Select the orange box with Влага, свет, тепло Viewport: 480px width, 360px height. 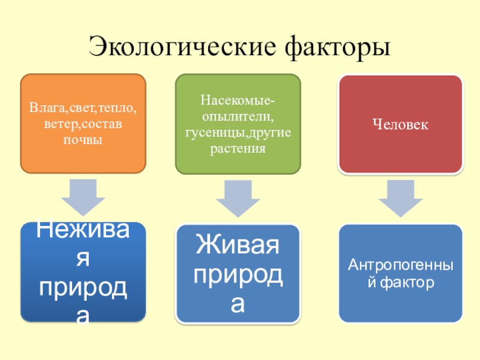click(x=83, y=124)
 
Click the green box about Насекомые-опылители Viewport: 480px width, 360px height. click(x=238, y=124)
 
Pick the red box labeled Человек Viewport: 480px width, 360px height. click(x=400, y=124)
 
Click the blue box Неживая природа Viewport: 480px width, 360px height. click(x=83, y=272)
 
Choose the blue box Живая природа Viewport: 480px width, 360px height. click(x=238, y=274)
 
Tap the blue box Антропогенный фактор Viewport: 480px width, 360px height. click(x=400, y=274)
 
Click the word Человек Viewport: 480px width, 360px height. click(x=400, y=125)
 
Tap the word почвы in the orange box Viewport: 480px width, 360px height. click(x=83, y=140)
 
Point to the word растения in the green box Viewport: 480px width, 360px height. click(x=238, y=148)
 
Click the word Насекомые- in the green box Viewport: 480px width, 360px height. click(x=238, y=98)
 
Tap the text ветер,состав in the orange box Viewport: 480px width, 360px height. click(x=83, y=125)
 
